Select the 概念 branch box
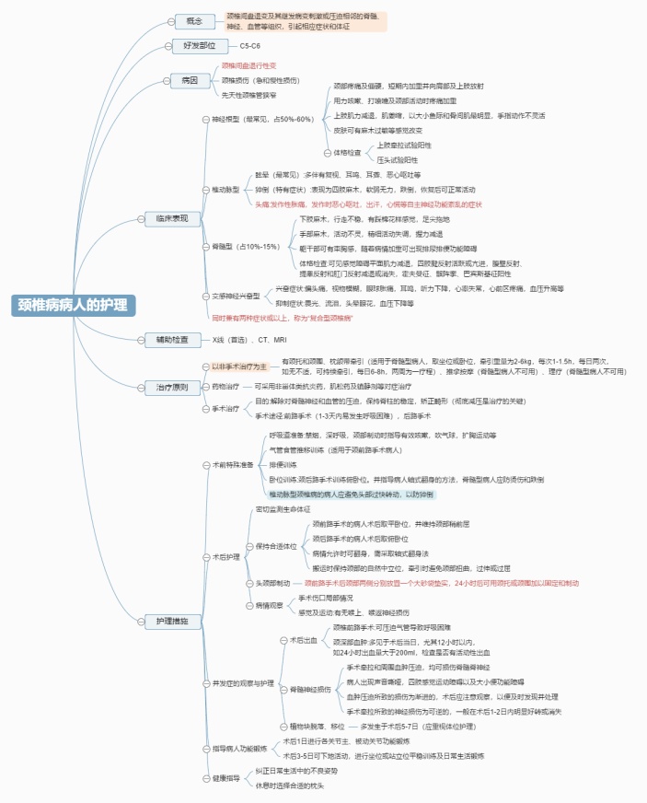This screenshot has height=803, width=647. pyautogui.click(x=194, y=21)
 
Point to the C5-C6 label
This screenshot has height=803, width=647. pyautogui.click(x=249, y=45)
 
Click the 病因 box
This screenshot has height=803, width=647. pyautogui.click(x=189, y=80)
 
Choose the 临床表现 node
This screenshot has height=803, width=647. pyautogui.click(x=172, y=218)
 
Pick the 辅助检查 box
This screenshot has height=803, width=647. pyautogui.click(x=172, y=340)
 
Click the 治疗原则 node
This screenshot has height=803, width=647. pyautogui.click(x=172, y=388)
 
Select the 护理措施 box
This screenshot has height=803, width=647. pyautogui.click(x=172, y=623)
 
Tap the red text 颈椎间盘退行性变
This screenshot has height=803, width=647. pyautogui.click(x=248, y=66)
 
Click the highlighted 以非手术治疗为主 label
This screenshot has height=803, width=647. pyautogui.click(x=238, y=367)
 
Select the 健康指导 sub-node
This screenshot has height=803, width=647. pyautogui.click(x=225, y=777)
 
